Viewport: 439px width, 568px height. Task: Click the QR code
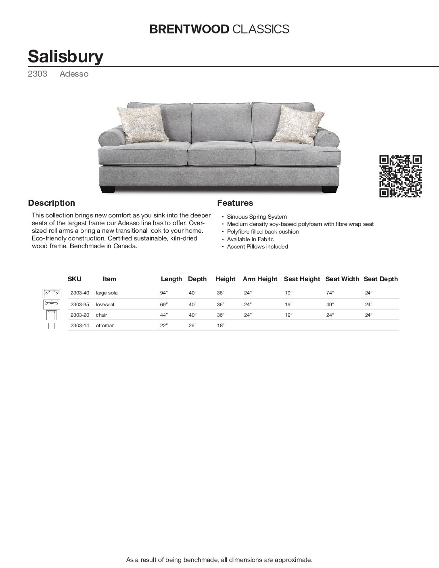tap(401, 176)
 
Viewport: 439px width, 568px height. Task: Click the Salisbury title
tap(65, 56)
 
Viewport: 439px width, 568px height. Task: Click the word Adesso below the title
tap(74, 74)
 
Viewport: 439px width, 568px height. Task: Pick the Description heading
tap(51, 203)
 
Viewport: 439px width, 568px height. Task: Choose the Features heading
tap(235, 203)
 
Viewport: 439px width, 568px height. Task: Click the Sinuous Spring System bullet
tap(257, 217)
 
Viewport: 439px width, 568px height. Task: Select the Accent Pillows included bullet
tap(257, 246)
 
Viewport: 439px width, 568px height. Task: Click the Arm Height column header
tap(260, 279)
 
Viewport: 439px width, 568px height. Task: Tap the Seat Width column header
tap(342, 279)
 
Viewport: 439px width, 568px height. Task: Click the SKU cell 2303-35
tap(79, 305)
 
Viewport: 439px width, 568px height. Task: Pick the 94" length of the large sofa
tap(163, 293)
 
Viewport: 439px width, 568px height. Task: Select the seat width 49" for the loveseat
tap(330, 305)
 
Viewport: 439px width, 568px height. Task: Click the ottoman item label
tap(105, 326)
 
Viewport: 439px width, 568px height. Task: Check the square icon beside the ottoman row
tap(51, 326)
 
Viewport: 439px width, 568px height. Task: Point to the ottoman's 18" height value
tap(220, 326)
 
